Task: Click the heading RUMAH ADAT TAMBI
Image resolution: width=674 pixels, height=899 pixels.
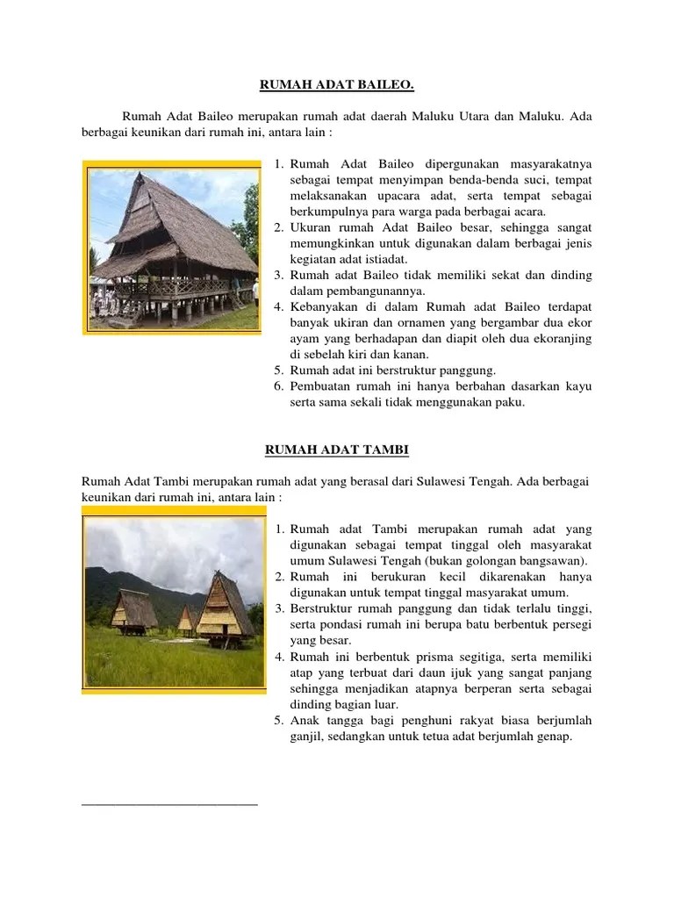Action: [337, 450]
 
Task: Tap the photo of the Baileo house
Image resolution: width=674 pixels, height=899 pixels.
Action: [172, 247]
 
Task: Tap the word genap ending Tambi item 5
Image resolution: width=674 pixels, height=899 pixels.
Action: [553, 737]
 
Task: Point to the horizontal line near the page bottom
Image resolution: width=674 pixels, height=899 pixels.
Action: [169, 803]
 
